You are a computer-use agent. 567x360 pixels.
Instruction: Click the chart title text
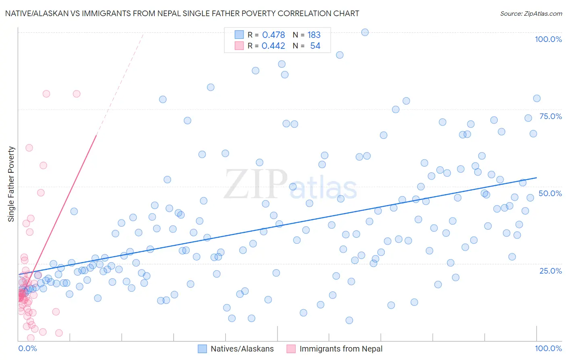point(182,13)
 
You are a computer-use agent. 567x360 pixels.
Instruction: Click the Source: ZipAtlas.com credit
point(531,13)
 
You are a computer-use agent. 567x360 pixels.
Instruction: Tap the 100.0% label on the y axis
point(548,39)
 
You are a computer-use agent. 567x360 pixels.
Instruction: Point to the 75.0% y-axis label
point(550,116)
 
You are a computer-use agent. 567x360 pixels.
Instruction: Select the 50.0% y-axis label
point(550,193)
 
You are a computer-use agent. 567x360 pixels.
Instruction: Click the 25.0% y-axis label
point(550,270)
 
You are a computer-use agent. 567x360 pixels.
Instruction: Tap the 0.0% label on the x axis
point(27,348)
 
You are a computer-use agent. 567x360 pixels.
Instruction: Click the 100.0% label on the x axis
point(548,348)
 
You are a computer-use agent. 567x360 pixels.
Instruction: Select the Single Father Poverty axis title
point(11,184)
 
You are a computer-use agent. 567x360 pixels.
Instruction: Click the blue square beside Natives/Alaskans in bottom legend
point(202,349)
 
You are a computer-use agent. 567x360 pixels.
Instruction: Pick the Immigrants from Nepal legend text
point(341,349)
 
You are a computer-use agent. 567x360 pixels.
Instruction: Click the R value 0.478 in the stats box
point(273,35)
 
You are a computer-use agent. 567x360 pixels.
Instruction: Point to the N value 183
point(314,35)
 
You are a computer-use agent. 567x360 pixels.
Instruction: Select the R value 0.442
point(273,46)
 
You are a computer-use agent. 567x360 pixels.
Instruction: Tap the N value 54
point(315,46)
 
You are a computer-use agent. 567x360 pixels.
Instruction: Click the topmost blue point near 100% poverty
point(365,32)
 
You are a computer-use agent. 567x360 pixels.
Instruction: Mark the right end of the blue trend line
point(537,178)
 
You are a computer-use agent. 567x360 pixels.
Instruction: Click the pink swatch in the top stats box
point(239,46)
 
